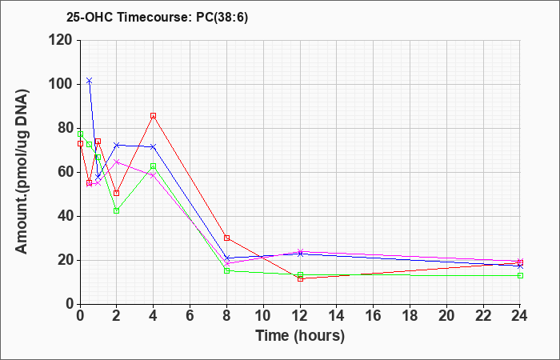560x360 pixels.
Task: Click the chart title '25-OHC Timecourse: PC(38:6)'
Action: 157,18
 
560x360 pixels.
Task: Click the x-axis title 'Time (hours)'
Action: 300,336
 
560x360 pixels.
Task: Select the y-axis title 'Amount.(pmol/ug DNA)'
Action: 22,171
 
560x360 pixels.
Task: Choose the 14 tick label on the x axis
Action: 337,316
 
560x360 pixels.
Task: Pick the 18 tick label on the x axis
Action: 410,316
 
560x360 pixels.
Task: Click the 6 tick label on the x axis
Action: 190,316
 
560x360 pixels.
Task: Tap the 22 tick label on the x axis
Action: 483,316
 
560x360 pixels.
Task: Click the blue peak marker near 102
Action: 90,81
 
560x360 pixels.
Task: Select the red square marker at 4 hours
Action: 154,116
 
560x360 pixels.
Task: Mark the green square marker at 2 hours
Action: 117,210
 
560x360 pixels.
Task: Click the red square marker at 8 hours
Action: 226,238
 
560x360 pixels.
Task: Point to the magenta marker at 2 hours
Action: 117,162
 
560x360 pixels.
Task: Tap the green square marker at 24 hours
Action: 520,276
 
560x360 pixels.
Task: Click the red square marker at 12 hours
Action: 300,278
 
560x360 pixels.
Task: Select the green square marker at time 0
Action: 80,134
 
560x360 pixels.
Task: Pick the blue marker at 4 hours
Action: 154,146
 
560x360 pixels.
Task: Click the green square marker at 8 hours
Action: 226,270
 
